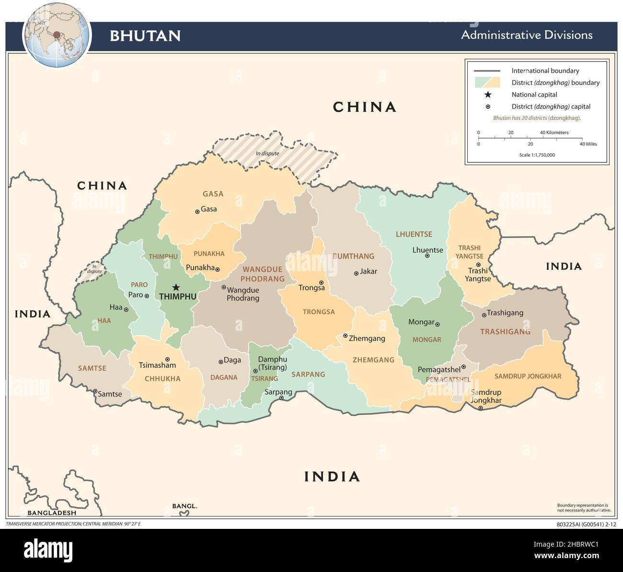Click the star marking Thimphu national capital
point(176,287)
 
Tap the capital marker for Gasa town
point(197,211)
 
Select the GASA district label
point(213,194)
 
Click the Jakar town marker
point(356,274)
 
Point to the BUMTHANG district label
point(354,256)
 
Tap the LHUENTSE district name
point(414,234)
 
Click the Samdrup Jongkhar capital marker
point(481,408)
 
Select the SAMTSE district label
point(92,368)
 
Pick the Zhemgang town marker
point(345,336)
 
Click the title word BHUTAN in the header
point(145,36)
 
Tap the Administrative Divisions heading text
point(527,35)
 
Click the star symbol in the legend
point(488,94)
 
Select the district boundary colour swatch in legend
point(487,82)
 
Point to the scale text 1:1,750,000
point(537,155)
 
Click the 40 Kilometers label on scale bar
point(554,133)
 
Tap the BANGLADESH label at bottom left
point(52,513)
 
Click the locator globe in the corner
point(57,35)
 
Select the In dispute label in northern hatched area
point(267,153)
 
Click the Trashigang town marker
point(483,315)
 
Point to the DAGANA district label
point(224,378)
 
